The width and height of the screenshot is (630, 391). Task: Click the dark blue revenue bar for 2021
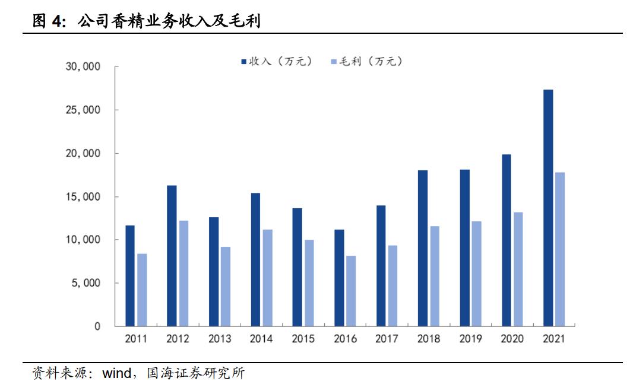click(x=548, y=208)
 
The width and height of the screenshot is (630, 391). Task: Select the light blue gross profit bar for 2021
click(x=560, y=249)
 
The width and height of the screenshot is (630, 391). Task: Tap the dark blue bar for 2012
click(x=172, y=256)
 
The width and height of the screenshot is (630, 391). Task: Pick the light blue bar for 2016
click(x=351, y=291)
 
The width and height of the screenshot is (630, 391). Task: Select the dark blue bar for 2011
click(x=130, y=276)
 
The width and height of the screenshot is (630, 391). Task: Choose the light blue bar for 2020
click(x=518, y=269)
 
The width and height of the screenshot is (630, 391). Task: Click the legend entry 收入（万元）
click(x=276, y=61)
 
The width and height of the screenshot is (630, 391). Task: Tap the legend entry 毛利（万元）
click(x=366, y=61)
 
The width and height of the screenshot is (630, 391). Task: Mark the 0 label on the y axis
click(x=97, y=326)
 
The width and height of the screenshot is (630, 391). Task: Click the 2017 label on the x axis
click(x=387, y=339)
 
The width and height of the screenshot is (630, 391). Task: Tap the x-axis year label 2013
click(x=220, y=339)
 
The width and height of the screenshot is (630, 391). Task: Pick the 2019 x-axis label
click(x=471, y=339)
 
